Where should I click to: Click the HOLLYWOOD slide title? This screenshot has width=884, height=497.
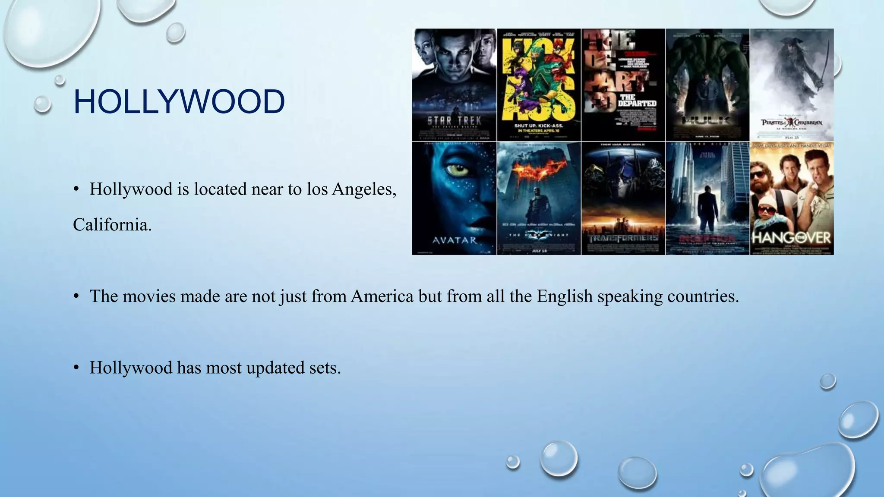coord(179,102)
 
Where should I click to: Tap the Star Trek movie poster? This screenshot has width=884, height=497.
coord(454,85)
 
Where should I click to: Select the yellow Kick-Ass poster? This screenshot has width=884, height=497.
coord(539,85)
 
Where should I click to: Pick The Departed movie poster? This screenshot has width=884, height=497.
coord(623,85)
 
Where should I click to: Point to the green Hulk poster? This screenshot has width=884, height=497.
coord(707,85)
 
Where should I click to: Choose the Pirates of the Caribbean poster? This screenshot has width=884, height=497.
coord(792,85)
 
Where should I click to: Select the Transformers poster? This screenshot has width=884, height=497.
coord(623,198)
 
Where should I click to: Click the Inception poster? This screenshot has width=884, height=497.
coord(707,198)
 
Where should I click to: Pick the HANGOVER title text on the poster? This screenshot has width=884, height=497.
coord(791,238)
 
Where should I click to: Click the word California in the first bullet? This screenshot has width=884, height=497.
coord(112,225)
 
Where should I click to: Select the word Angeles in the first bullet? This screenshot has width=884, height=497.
coord(364,189)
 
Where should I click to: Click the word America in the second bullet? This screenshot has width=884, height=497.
coord(382,296)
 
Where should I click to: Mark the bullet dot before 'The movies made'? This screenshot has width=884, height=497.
coord(76,296)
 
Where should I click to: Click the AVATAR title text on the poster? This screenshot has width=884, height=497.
coord(454,240)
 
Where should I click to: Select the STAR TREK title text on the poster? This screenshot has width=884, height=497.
coord(454,120)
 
